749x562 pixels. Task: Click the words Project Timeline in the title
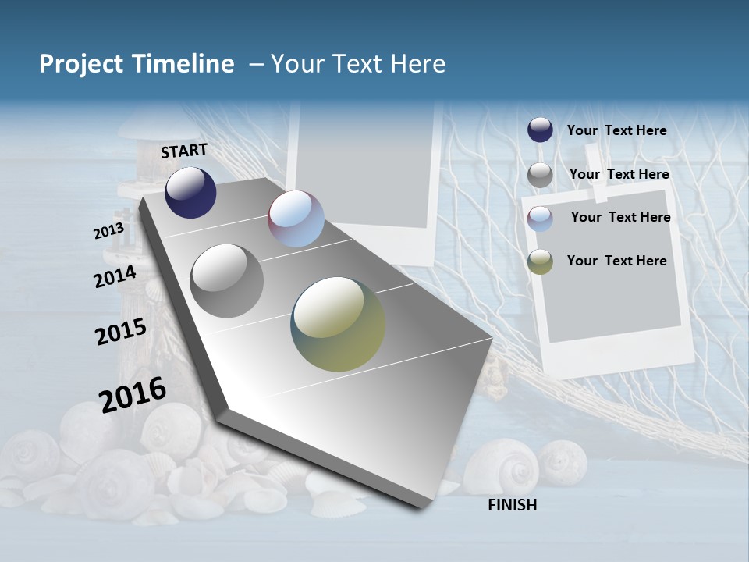(x=137, y=64)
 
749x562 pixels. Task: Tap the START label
(x=184, y=151)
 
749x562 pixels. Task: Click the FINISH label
(x=513, y=505)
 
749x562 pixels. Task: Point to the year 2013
(x=108, y=231)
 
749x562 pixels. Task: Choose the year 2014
(x=115, y=276)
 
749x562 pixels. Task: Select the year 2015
(x=121, y=331)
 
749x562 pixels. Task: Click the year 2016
(x=133, y=394)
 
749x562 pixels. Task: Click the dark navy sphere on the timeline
(x=190, y=192)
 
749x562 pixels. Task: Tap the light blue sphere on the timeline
(x=296, y=219)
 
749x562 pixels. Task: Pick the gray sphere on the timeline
(x=227, y=281)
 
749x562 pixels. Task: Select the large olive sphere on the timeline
(x=338, y=324)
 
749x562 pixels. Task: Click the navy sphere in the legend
(x=540, y=130)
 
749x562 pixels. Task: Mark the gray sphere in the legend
(x=540, y=175)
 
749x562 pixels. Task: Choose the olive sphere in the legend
(x=540, y=261)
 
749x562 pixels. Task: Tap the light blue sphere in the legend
(x=540, y=218)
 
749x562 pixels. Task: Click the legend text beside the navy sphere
(x=616, y=130)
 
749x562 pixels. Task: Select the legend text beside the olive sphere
(x=616, y=261)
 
